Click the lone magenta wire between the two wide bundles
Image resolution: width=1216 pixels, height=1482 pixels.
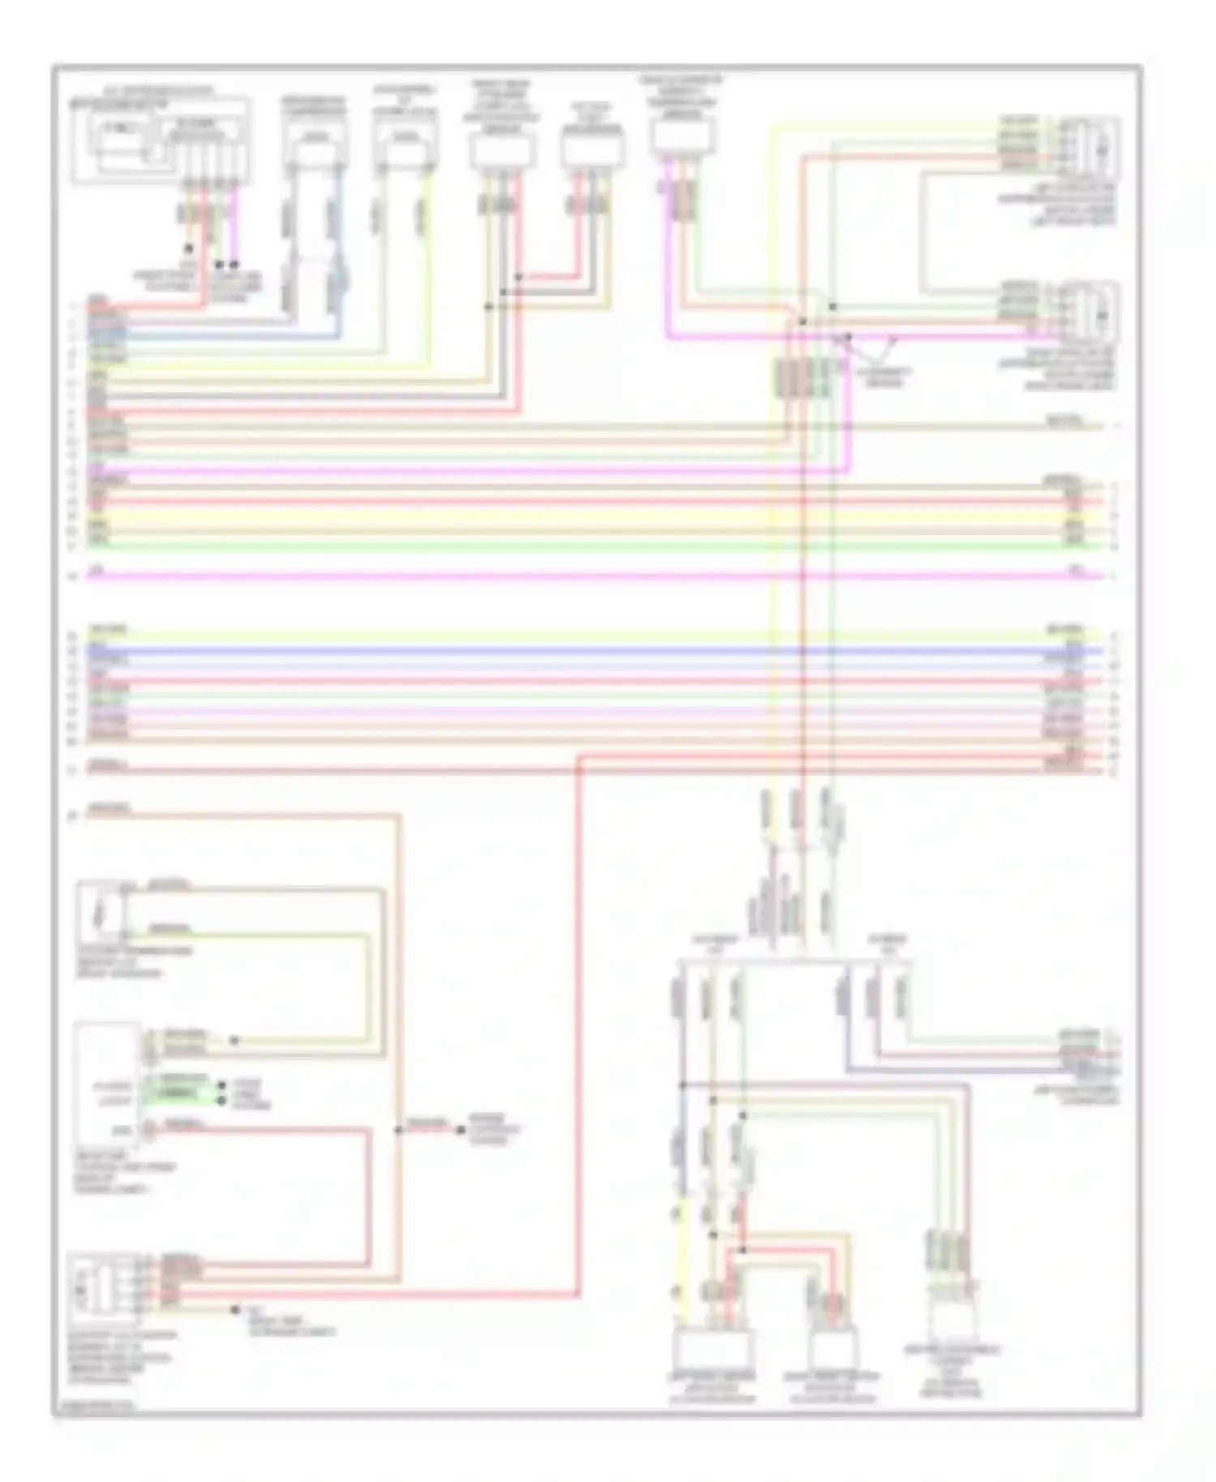tap(567, 576)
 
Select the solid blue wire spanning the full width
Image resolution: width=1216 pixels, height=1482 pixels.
tap(567, 651)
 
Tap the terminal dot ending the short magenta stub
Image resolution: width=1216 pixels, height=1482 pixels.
tap(234, 264)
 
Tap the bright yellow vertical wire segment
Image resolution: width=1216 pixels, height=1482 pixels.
tap(683, 1265)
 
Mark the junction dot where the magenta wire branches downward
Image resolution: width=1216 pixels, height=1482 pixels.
tap(849, 336)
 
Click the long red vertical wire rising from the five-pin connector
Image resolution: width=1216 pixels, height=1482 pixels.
tap(579, 1013)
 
